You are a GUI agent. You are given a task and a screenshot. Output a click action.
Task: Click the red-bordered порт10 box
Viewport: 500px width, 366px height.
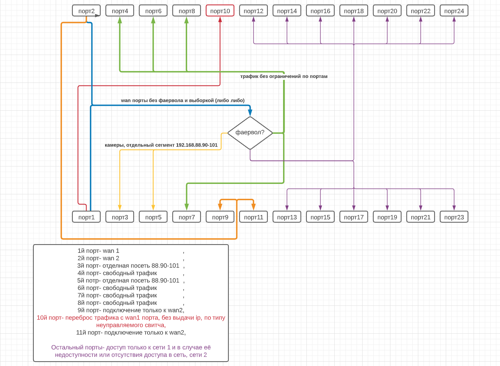tap(220, 10)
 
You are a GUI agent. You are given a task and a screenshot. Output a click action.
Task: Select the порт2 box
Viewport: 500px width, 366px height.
tap(86, 10)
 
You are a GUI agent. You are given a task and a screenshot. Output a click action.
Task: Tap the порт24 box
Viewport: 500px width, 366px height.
tap(454, 10)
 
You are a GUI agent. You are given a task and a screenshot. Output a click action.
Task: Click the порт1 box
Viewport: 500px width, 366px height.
tap(86, 217)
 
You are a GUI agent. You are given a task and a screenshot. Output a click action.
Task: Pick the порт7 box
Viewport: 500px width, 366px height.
tap(186, 217)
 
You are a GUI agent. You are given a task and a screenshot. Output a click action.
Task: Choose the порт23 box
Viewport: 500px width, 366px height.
tap(454, 217)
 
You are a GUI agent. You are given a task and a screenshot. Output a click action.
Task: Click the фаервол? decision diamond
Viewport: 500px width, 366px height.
tap(250, 133)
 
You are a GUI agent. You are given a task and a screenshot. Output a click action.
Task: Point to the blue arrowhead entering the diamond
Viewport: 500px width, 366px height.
tap(250, 113)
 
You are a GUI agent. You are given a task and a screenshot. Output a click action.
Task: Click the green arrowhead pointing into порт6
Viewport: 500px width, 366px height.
tap(153, 20)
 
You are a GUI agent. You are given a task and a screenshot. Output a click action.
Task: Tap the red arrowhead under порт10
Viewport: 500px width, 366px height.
tap(220, 19)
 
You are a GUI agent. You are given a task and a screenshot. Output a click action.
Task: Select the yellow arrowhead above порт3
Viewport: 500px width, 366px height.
tap(120, 207)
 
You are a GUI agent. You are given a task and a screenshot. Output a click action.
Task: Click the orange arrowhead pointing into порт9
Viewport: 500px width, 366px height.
tap(220, 207)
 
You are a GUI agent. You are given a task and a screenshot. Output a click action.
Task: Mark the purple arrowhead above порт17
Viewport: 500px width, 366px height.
tap(354, 207)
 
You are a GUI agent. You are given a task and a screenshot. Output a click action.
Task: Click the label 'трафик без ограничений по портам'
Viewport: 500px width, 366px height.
tap(284, 77)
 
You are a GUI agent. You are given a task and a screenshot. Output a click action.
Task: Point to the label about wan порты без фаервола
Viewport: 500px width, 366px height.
tap(183, 100)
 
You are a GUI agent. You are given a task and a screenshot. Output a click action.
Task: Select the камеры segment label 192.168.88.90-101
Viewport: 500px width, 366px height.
tap(161, 145)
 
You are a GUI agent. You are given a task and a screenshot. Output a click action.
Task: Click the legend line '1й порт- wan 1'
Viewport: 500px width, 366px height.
tap(98, 250)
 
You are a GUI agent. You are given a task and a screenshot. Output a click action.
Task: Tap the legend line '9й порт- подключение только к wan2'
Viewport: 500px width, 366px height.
tap(131, 310)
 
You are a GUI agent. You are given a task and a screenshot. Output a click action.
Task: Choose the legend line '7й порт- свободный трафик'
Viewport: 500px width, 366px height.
tap(117, 295)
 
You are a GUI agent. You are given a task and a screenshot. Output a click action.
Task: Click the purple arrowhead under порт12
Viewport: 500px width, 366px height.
tap(253, 19)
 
